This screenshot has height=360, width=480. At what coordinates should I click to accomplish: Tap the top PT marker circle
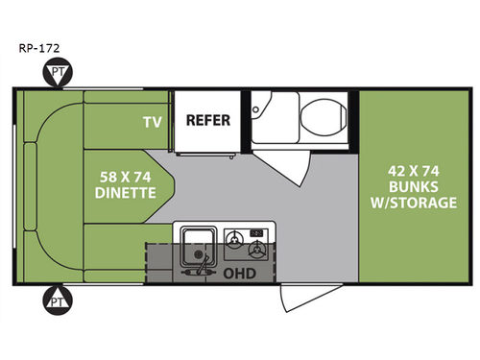pos(60,73)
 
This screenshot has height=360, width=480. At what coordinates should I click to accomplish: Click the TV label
pos(152,122)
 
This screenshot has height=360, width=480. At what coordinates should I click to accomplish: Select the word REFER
pos(204,121)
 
